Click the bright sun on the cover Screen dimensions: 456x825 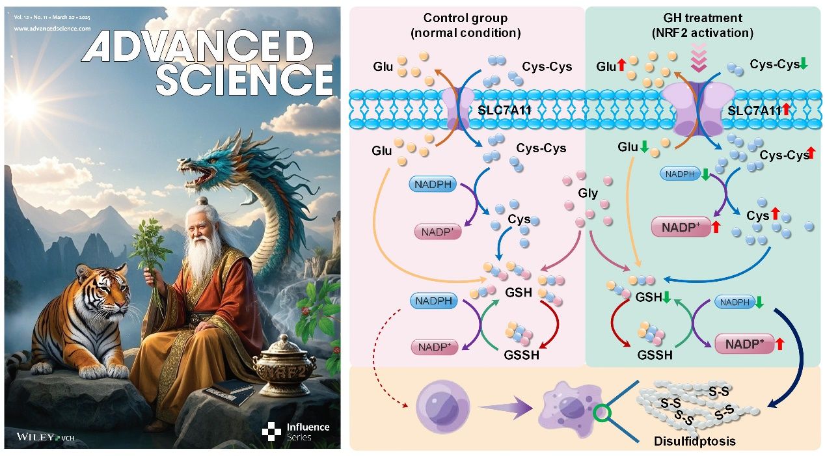tap(26, 103)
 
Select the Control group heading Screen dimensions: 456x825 tap(465, 25)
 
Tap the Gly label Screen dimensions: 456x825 tap(588, 193)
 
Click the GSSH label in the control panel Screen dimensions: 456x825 tap(521, 355)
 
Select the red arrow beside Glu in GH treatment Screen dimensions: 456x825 tap(621, 65)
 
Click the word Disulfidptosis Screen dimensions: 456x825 tap(694, 441)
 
